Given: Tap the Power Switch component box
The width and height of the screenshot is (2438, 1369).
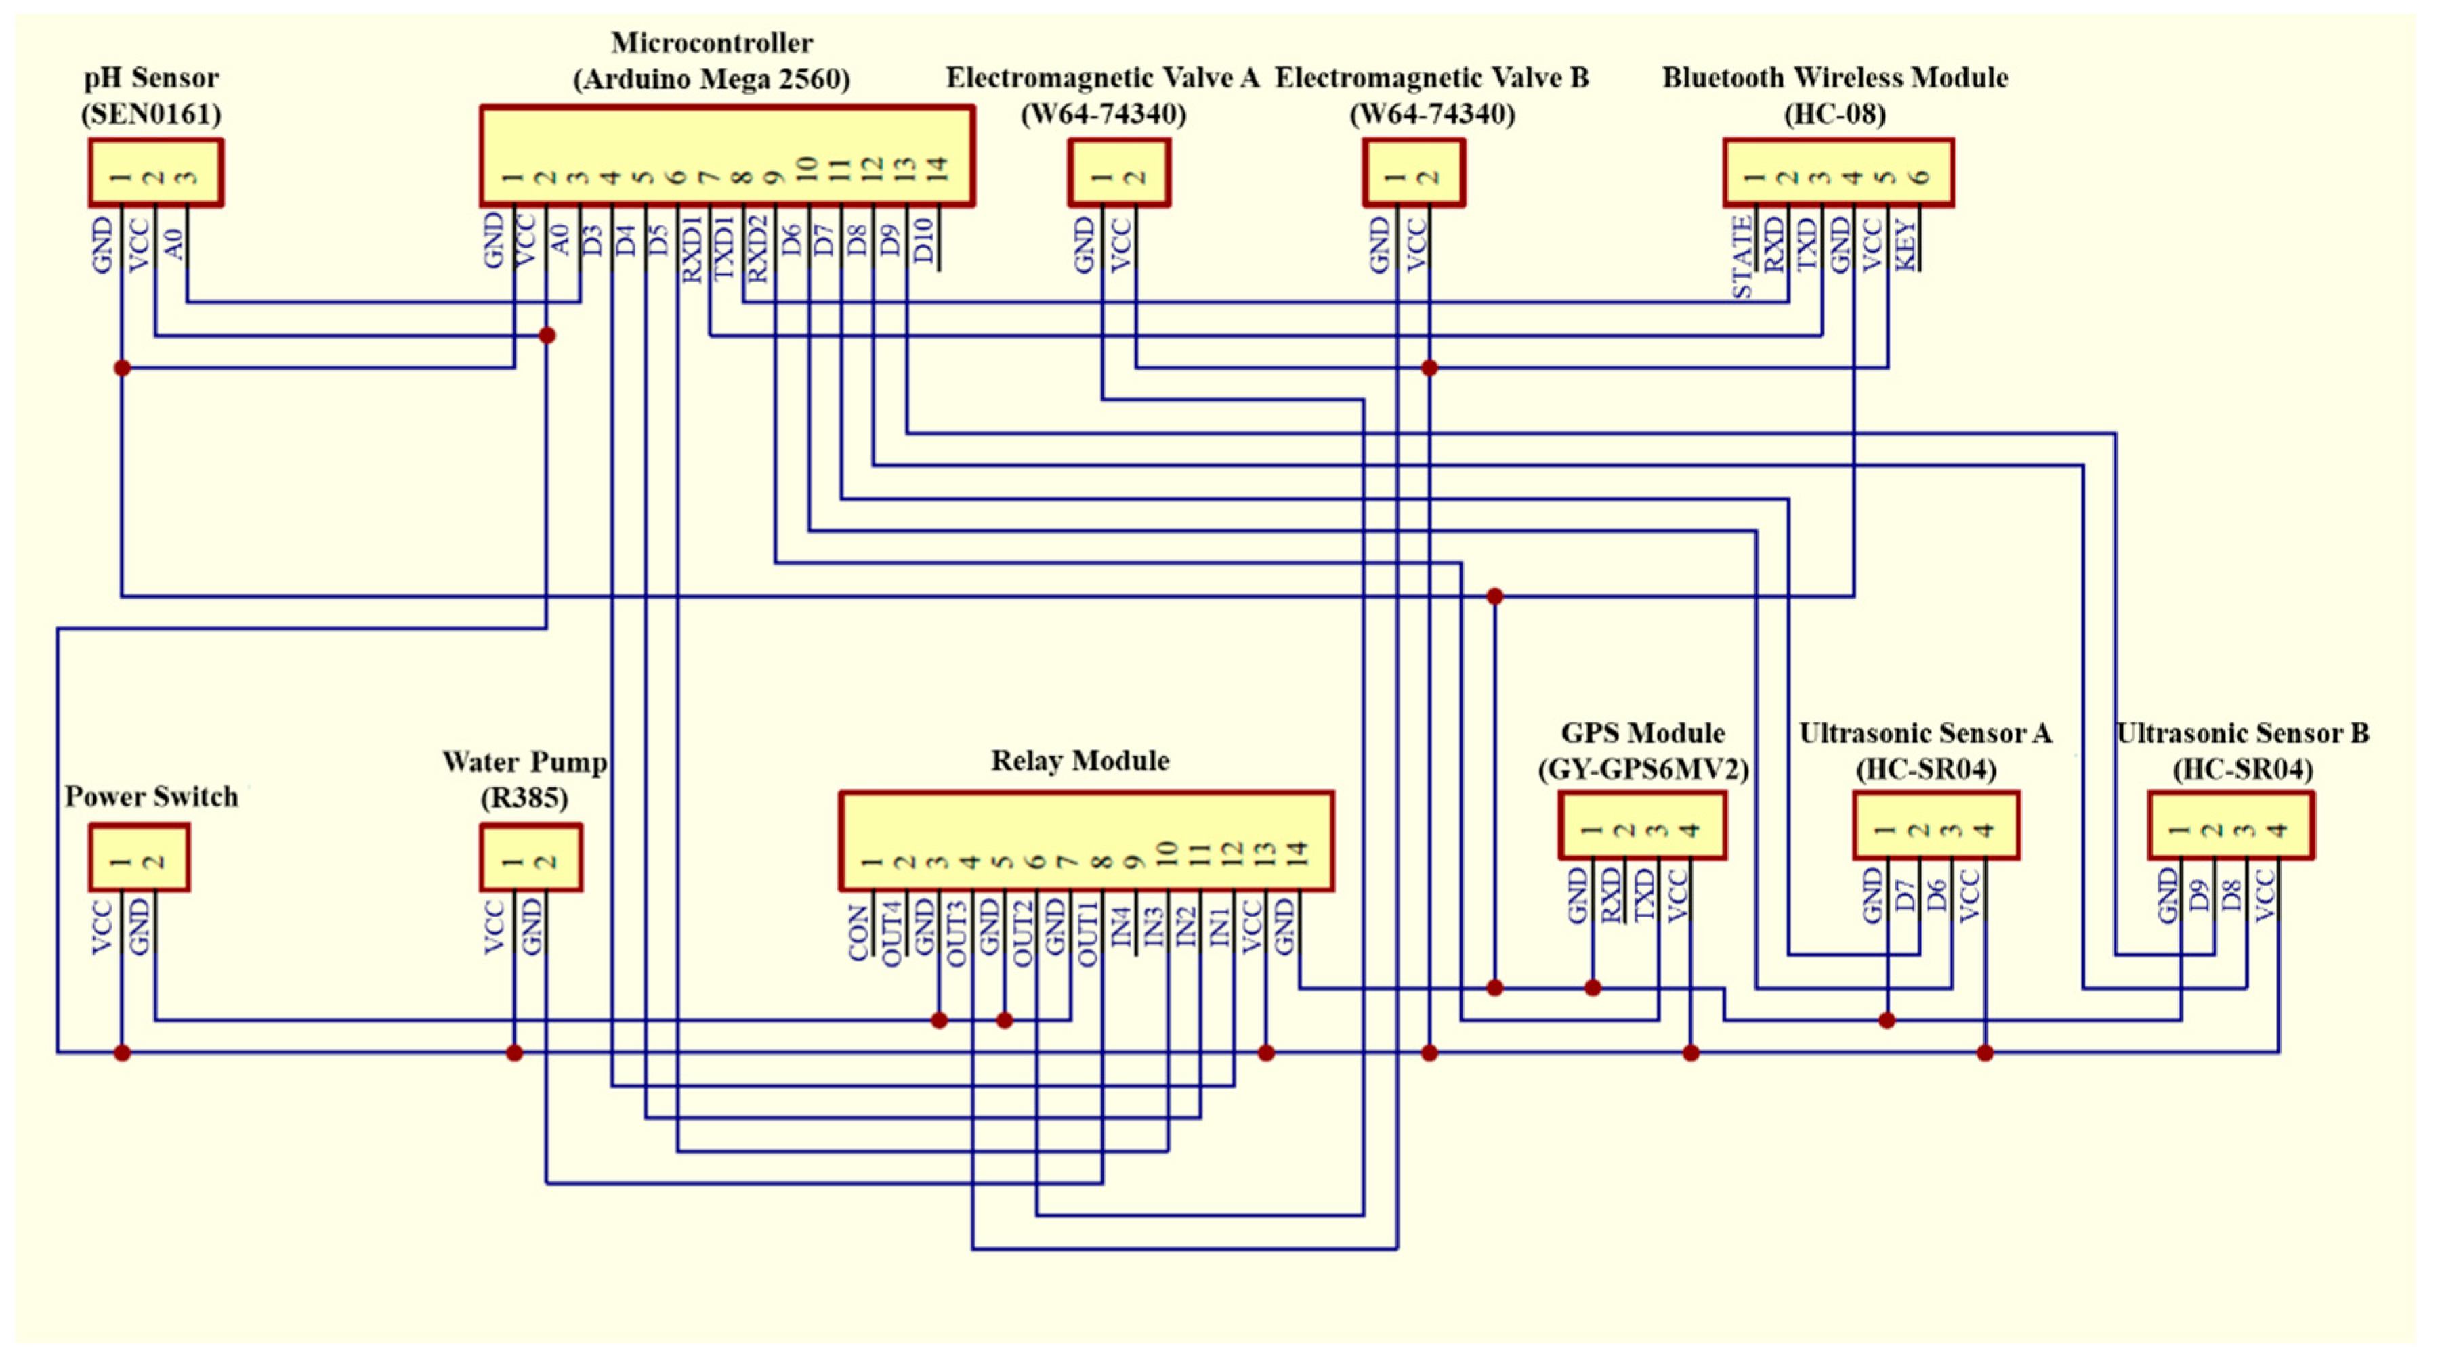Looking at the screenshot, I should pos(139,857).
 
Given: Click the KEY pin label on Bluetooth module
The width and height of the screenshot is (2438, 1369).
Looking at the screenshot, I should pos(1905,244).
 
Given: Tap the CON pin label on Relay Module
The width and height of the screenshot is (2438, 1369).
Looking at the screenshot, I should pos(858,932).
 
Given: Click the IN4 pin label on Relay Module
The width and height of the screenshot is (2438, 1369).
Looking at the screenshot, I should pos(1120,927).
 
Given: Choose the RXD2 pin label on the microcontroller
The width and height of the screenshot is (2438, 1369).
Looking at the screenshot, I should pos(757,248).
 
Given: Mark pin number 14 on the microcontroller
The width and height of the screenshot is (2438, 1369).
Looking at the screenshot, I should pos(936,171).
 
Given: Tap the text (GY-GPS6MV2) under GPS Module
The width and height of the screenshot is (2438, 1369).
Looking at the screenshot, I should pos(1642,769).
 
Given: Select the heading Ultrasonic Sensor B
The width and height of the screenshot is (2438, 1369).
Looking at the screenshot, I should pos(2242,733).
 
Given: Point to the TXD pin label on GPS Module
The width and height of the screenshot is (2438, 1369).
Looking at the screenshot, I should pos(1644,895).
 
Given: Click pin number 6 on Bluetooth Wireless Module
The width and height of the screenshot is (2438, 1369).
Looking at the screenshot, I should pos(1920,177).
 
